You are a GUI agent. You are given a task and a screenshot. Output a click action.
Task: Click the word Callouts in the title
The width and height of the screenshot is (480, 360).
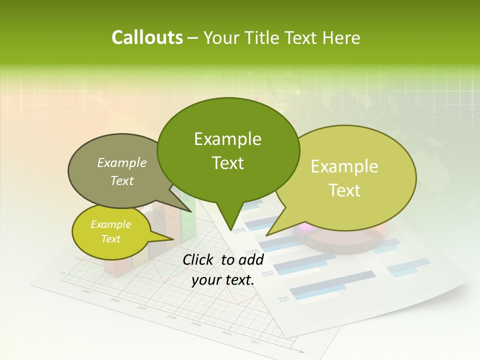(147, 37)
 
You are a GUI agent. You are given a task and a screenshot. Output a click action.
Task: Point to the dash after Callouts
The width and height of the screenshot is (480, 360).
(193, 38)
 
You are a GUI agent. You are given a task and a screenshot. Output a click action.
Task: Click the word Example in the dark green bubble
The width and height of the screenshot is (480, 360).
(227, 139)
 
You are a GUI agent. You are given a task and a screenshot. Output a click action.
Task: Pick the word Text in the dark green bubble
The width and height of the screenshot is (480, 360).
(227, 163)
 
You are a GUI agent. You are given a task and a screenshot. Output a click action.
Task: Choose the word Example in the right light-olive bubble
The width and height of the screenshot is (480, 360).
(344, 166)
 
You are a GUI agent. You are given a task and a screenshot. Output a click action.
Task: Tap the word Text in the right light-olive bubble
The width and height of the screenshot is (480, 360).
(344, 190)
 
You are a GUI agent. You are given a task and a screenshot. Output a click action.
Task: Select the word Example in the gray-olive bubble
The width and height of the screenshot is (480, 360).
(122, 163)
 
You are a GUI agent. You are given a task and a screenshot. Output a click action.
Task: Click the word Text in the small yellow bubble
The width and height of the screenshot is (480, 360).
(110, 239)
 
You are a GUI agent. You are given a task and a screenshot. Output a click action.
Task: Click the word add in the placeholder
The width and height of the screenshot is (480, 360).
(251, 259)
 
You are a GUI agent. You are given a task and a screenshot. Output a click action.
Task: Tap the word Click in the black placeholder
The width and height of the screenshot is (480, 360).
(198, 259)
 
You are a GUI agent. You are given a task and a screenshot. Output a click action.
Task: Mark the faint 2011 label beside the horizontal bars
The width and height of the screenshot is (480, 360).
(284, 299)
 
